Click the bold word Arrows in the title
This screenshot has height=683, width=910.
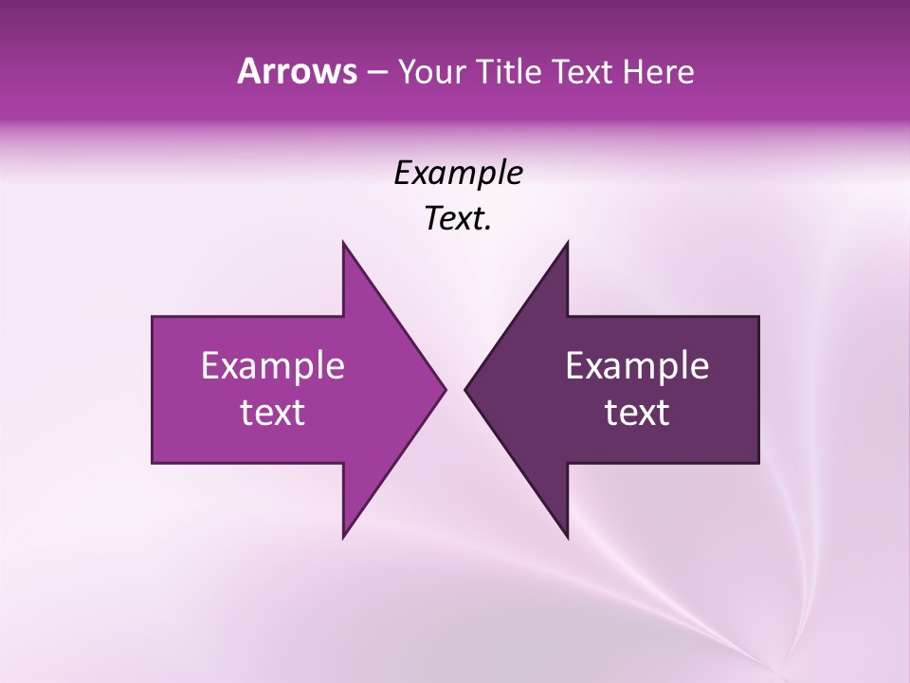(297, 71)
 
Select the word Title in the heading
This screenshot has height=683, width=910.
(514, 72)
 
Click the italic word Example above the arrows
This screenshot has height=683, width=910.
(458, 174)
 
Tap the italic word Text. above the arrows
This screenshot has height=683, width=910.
(458, 219)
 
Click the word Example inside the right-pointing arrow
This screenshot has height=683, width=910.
(273, 365)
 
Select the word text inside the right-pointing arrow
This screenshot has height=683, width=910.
(273, 413)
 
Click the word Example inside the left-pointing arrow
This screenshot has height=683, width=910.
(637, 365)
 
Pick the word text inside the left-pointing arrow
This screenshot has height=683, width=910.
(637, 413)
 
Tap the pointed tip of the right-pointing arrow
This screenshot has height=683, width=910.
(444, 389)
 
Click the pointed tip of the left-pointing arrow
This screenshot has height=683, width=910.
(466, 389)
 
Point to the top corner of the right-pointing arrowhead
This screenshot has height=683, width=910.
(343, 244)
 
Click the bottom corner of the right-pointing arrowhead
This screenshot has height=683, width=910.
(343, 536)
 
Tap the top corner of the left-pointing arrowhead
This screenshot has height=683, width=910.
(567, 244)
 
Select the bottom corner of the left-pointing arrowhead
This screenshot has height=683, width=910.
(567, 536)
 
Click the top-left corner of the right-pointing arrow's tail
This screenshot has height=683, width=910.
(154, 318)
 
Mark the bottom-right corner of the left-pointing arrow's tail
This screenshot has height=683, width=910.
(757, 462)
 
